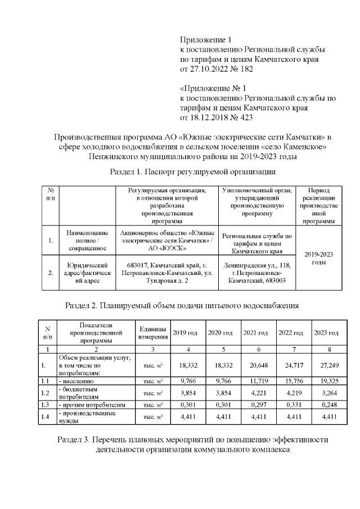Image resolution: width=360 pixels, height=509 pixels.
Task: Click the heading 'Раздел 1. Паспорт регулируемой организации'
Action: [x=193, y=170]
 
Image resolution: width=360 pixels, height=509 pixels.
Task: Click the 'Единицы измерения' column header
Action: [x=152, y=333]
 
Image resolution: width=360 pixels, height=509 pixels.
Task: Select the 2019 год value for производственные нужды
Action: [x=187, y=417]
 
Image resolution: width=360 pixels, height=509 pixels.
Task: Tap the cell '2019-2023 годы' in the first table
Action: [x=318, y=258]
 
